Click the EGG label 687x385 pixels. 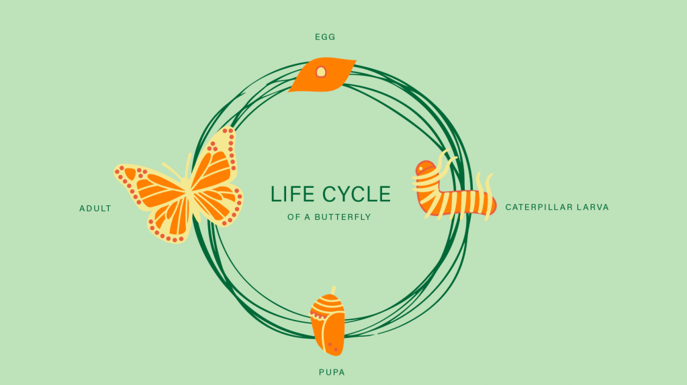tap(325, 37)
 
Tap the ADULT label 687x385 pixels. tap(95, 209)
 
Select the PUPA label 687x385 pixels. tap(332, 372)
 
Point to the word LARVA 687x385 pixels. tap(595, 207)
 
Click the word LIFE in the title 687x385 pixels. tap(292, 195)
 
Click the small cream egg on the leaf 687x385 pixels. tap(321, 72)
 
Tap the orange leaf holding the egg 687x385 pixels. tap(336, 78)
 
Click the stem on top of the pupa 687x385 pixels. tap(332, 290)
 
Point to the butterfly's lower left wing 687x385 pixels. tap(168, 218)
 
